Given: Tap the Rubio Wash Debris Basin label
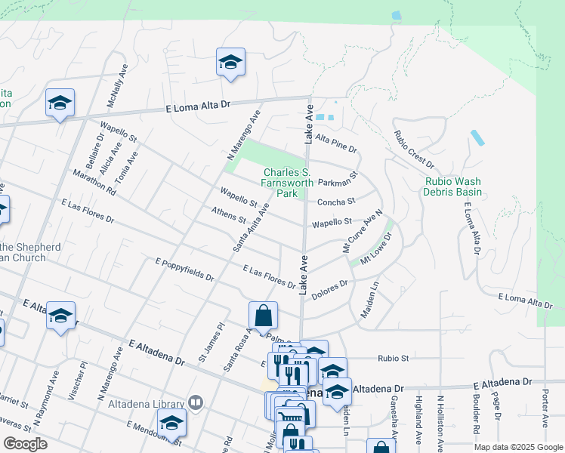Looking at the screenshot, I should [x=452, y=186].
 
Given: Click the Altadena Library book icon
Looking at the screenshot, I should [x=196, y=402].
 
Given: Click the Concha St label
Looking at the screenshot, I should [x=336, y=202].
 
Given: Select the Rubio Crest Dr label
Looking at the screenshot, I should [x=414, y=149].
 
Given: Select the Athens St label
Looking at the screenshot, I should [x=230, y=216].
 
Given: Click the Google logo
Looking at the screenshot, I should [x=26, y=444].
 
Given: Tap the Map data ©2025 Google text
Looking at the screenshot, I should [x=519, y=447].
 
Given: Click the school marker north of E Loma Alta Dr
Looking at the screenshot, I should [x=230, y=63].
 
